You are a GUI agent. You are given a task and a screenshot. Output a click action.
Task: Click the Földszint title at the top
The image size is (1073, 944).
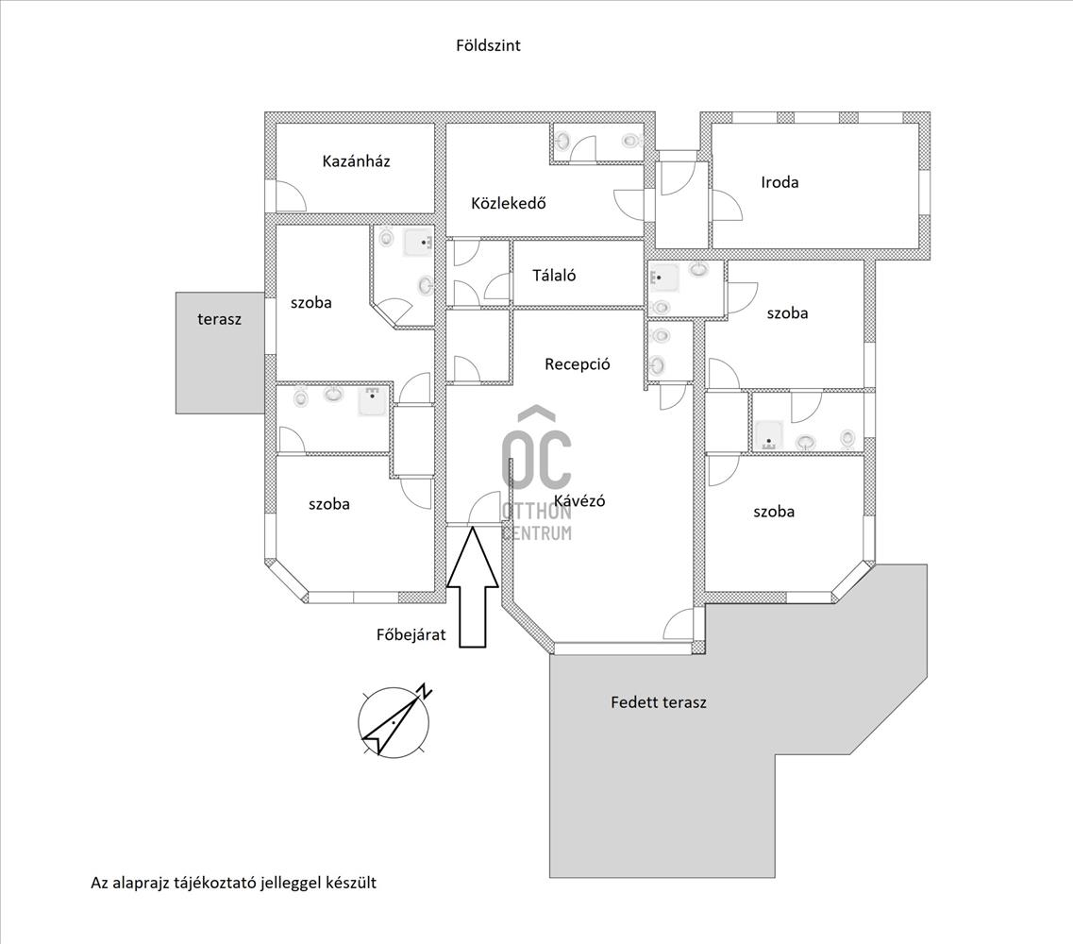pyautogui.click(x=488, y=45)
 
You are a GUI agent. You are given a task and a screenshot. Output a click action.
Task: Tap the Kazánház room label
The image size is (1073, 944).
pyautogui.click(x=356, y=160)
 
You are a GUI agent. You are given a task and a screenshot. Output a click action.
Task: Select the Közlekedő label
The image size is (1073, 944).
pyautogui.click(x=509, y=203)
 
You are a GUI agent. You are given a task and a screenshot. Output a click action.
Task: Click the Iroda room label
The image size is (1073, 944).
pyautogui.click(x=780, y=182)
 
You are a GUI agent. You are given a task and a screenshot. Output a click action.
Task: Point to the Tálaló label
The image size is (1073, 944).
pyautogui.click(x=554, y=276)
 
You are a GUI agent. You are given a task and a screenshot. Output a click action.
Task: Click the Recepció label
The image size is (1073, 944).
pyautogui.click(x=577, y=364)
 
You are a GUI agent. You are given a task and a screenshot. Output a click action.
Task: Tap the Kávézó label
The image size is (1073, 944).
pyautogui.click(x=579, y=500)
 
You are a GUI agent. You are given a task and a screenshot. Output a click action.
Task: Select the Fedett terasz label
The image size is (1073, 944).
pyautogui.click(x=659, y=701)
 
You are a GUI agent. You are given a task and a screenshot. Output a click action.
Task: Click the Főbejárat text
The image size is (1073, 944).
pyautogui.click(x=411, y=634)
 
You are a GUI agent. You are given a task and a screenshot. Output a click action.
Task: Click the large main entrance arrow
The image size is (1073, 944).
pyautogui.click(x=472, y=585)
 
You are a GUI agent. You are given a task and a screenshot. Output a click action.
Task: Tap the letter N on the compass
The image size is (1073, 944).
pyautogui.click(x=426, y=690)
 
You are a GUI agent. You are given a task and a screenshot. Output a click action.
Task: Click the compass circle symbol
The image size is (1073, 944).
pyautogui.click(x=394, y=721)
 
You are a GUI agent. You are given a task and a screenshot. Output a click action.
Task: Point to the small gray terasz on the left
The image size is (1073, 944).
pyautogui.click(x=220, y=352)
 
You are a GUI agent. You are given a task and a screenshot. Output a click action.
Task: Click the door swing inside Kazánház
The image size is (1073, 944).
pyautogui.click(x=291, y=196)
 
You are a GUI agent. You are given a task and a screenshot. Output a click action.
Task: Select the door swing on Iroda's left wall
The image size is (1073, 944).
pyautogui.click(x=727, y=205)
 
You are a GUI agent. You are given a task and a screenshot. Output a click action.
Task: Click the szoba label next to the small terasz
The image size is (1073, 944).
pyautogui.click(x=311, y=303)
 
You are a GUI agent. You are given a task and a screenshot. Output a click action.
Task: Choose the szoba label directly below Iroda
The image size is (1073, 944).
pyautogui.click(x=787, y=313)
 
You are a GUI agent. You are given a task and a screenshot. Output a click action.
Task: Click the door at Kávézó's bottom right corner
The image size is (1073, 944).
pyautogui.click(x=679, y=624)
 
